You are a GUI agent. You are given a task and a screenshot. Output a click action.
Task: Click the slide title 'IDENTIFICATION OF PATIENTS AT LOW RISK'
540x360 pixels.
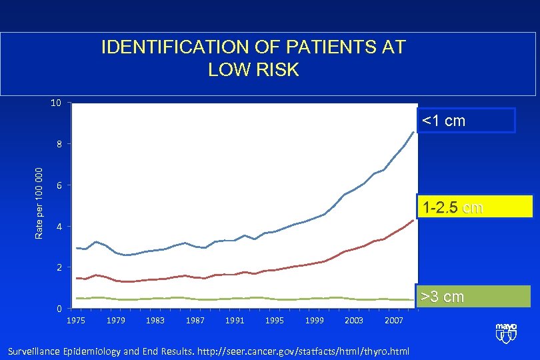[253, 58]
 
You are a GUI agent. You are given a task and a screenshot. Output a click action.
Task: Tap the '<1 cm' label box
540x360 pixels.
[467, 121]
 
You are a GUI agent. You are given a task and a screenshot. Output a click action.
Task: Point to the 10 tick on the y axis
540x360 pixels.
[56, 103]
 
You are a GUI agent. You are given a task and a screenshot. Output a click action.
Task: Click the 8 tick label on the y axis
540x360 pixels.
[59, 144]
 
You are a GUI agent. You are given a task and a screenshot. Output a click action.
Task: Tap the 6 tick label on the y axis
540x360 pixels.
[59, 185]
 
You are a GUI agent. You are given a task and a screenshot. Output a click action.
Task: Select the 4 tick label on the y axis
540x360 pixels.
[59, 227]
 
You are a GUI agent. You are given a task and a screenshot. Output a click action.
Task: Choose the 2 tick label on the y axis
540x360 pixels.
[59, 267]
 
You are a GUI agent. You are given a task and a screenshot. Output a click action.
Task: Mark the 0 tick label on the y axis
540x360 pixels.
[59, 309]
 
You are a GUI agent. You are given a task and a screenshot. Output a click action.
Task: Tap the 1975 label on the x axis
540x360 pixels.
[76, 321]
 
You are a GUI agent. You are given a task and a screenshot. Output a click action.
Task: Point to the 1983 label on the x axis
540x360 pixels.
[155, 321]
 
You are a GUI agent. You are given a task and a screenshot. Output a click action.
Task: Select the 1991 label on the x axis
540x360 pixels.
[235, 321]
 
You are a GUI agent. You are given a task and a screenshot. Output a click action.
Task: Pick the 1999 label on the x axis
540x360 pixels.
[314, 321]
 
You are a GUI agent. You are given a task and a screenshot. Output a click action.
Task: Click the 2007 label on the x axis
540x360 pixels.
[393, 321]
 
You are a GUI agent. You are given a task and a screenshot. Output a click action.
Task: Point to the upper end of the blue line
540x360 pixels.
[414, 132]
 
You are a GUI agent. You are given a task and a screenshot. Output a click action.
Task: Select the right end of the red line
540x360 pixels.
[414, 220]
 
